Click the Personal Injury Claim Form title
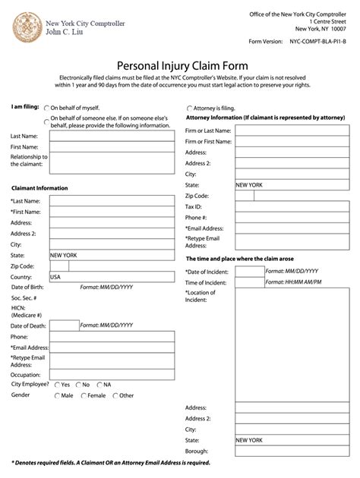pos(179,66)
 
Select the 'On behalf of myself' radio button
pos(47,108)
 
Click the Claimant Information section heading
pos(39,188)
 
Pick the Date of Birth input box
pos(64,288)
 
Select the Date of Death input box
pos(64,325)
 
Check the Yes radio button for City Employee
pos(56,385)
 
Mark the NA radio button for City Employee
pos(98,385)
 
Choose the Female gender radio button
pos(83,395)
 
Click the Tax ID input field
pos(254,206)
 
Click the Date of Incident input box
pos(249,271)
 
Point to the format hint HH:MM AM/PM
pos(293,281)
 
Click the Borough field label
pos(197,451)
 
